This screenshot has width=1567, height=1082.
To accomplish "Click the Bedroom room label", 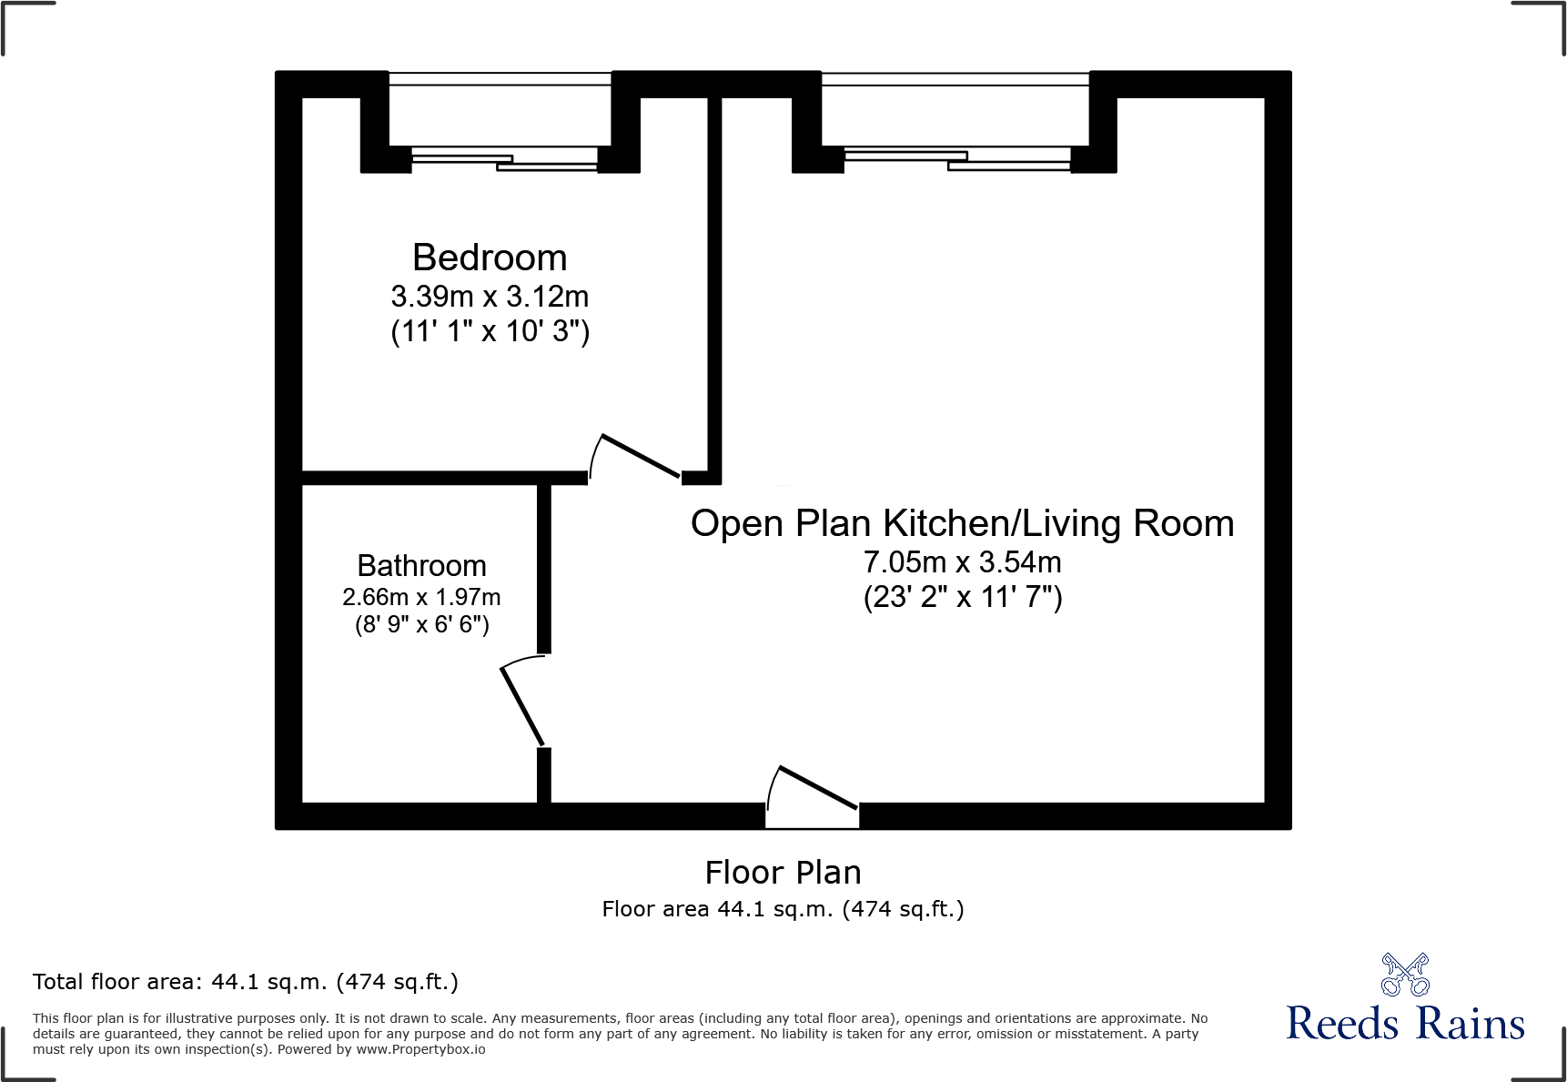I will tap(490, 258).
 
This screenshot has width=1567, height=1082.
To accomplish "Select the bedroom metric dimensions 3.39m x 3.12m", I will tap(490, 297).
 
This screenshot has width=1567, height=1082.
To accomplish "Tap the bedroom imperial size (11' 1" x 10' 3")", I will tap(490, 331).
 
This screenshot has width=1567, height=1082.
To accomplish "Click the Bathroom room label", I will tap(421, 566).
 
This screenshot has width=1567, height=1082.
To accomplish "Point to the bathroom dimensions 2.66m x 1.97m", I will tap(421, 598).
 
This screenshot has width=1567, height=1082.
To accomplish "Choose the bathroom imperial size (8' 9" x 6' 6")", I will tap(421, 625).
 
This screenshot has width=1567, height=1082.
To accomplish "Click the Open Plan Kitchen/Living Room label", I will tap(962, 524).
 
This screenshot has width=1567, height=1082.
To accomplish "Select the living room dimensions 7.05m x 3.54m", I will tap(962, 562).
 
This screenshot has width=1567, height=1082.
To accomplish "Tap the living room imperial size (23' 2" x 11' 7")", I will tap(962, 597).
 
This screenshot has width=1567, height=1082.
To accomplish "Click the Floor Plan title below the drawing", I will tap(783, 873).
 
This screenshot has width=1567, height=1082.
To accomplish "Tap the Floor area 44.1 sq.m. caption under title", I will tap(783, 909).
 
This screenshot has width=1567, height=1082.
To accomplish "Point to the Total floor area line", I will tap(245, 982).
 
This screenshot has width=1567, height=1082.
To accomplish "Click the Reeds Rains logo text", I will tap(1405, 1024).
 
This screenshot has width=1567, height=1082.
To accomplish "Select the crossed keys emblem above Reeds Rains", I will tap(1405, 975).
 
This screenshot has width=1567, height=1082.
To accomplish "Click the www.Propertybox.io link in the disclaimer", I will tap(420, 1050).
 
